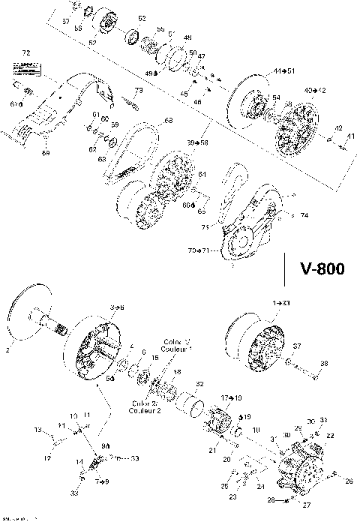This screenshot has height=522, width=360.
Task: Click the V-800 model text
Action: click(322, 268)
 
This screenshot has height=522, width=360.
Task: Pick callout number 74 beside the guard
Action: click(304, 215)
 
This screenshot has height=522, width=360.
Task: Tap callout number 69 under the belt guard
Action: click(45, 153)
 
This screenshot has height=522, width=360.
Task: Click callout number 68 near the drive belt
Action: click(169, 120)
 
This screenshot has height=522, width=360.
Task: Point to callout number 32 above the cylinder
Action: click(199, 383)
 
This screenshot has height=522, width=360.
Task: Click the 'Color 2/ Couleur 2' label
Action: click(143, 406)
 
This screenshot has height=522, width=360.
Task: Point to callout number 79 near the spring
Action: click(137, 91)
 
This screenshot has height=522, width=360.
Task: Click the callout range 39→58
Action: click(198, 142)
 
